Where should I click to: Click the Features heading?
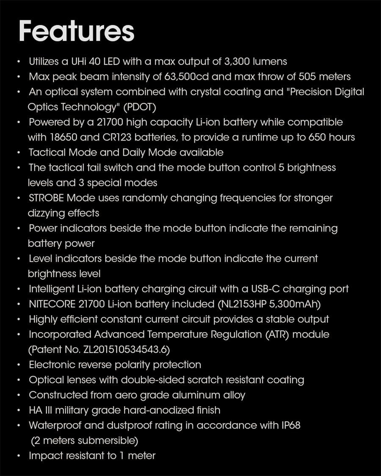(76, 31)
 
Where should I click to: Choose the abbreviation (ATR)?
(278, 335)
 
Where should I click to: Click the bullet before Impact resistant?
(19, 456)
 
